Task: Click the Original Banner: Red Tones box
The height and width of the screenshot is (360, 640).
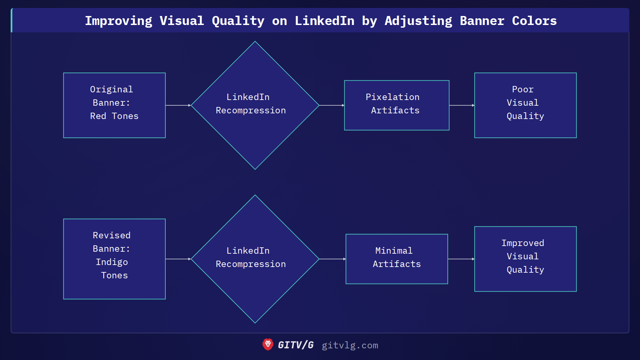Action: click(x=114, y=105)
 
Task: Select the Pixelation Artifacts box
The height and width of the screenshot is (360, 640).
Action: click(x=397, y=105)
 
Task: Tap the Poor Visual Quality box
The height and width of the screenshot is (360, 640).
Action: click(x=525, y=105)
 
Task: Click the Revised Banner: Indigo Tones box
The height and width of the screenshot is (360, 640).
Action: click(x=114, y=259)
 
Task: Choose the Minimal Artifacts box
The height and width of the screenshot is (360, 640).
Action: click(x=397, y=259)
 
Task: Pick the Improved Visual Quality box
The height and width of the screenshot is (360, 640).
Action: click(x=525, y=259)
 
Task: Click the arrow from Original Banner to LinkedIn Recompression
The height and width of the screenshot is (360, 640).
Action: click(x=178, y=105)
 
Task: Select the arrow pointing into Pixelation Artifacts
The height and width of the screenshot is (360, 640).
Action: click(x=332, y=105)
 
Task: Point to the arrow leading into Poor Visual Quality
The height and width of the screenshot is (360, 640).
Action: click(x=462, y=105)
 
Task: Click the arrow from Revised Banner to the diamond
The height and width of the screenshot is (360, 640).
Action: click(x=178, y=259)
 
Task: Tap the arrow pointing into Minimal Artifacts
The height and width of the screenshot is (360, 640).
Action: click(x=332, y=259)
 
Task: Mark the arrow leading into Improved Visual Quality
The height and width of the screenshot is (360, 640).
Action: click(x=461, y=259)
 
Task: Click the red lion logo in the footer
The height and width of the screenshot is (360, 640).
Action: click(x=268, y=345)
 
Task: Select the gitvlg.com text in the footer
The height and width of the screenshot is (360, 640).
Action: click(x=350, y=345)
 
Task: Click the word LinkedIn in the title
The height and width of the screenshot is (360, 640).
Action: click(x=324, y=21)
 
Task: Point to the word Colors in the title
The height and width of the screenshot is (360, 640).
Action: click(x=534, y=21)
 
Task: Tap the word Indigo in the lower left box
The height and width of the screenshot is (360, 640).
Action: click(x=112, y=262)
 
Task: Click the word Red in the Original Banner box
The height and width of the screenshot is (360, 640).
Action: click(x=98, y=116)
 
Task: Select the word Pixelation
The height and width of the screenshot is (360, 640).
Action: click(x=392, y=97)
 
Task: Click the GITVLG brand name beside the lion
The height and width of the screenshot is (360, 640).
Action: click(x=296, y=345)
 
